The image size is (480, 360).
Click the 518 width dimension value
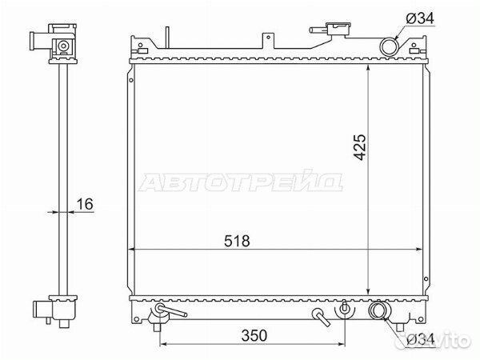pyautogui.click(x=237, y=241)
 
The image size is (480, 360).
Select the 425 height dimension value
pyautogui.click(x=359, y=147)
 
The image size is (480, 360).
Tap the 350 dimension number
pyautogui.click(x=254, y=335)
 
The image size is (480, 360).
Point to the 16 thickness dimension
pyautogui.click(x=85, y=204)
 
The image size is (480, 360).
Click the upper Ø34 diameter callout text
pyautogui.click(x=420, y=18)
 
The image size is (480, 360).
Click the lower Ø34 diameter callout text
pyautogui.click(x=421, y=339)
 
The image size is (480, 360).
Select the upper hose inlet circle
pyautogui.click(x=390, y=46)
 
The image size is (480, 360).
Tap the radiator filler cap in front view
pyautogui.click(x=338, y=30)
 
